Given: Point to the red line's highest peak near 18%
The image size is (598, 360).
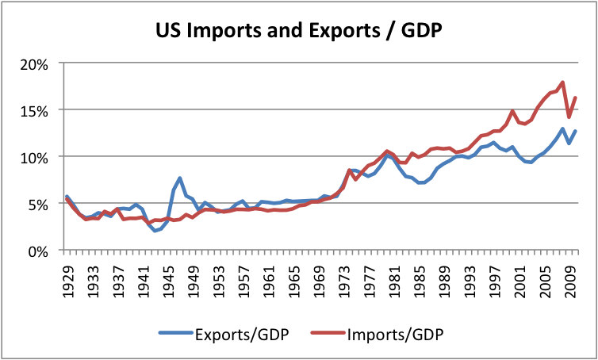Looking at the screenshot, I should [x=562, y=82].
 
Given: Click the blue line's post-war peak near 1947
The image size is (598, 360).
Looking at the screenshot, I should [x=180, y=178].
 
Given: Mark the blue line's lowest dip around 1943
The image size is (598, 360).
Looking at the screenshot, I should [x=155, y=231].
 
